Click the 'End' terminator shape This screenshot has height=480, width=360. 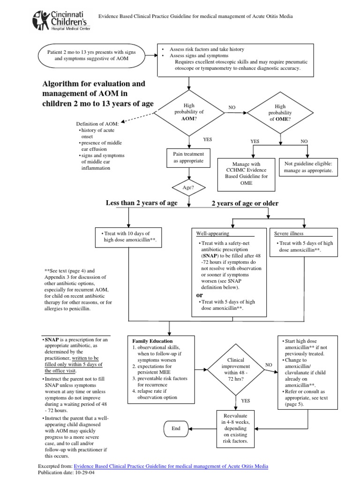tap(176, 428)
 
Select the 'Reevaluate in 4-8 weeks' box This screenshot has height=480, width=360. tap(235, 428)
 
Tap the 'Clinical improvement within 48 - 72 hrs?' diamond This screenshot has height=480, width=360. tap(236, 370)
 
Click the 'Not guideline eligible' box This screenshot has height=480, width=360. tap(308, 167)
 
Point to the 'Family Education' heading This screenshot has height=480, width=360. tap(152, 341)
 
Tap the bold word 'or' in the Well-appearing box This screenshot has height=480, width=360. tap(200, 295)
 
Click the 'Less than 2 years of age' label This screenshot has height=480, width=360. tap(142, 202)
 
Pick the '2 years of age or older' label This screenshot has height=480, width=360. tap(245, 203)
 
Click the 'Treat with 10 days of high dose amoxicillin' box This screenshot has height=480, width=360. tap(128, 237)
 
